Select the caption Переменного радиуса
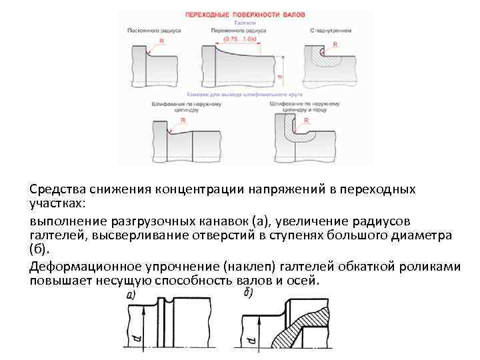coord(238,31)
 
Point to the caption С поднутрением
coord(331,31)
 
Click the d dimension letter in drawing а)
coord(137,341)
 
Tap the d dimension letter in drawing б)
coord(251,341)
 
